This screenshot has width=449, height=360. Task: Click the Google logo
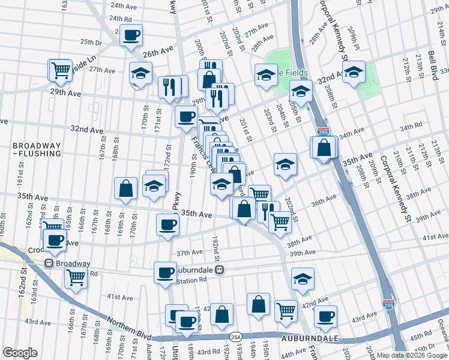tap(20, 353)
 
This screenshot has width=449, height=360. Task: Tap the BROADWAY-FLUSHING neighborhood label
tap(37, 149)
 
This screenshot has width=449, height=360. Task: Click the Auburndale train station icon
tap(220, 270)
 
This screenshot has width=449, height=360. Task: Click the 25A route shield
tap(235, 337)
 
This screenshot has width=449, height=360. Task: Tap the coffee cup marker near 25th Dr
tap(131, 35)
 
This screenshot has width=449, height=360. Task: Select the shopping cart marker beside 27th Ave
tap(61, 70)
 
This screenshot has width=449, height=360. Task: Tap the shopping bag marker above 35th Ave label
tap(126, 188)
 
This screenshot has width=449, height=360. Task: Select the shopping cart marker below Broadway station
tap(76, 277)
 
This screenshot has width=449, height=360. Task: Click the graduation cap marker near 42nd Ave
tap(303, 278)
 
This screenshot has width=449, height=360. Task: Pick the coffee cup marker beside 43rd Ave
tap(325, 316)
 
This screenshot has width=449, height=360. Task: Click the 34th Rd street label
tap(411, 127)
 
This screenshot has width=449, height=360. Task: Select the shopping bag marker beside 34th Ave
tap(324, 147)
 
